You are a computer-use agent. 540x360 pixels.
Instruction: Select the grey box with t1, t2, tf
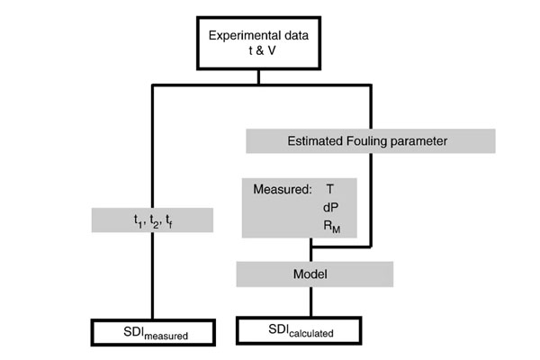(x=153, y=220)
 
